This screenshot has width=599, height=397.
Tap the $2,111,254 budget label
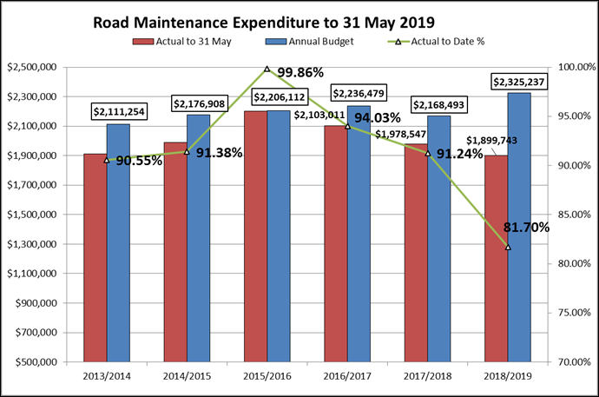tap(120, 112)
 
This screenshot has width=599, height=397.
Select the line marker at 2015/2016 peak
tap(267, 69)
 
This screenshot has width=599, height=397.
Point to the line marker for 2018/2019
tap(508, 248)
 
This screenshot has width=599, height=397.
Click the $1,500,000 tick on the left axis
tap(31, 215)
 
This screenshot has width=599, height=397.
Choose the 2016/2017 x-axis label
tap(347, 376)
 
